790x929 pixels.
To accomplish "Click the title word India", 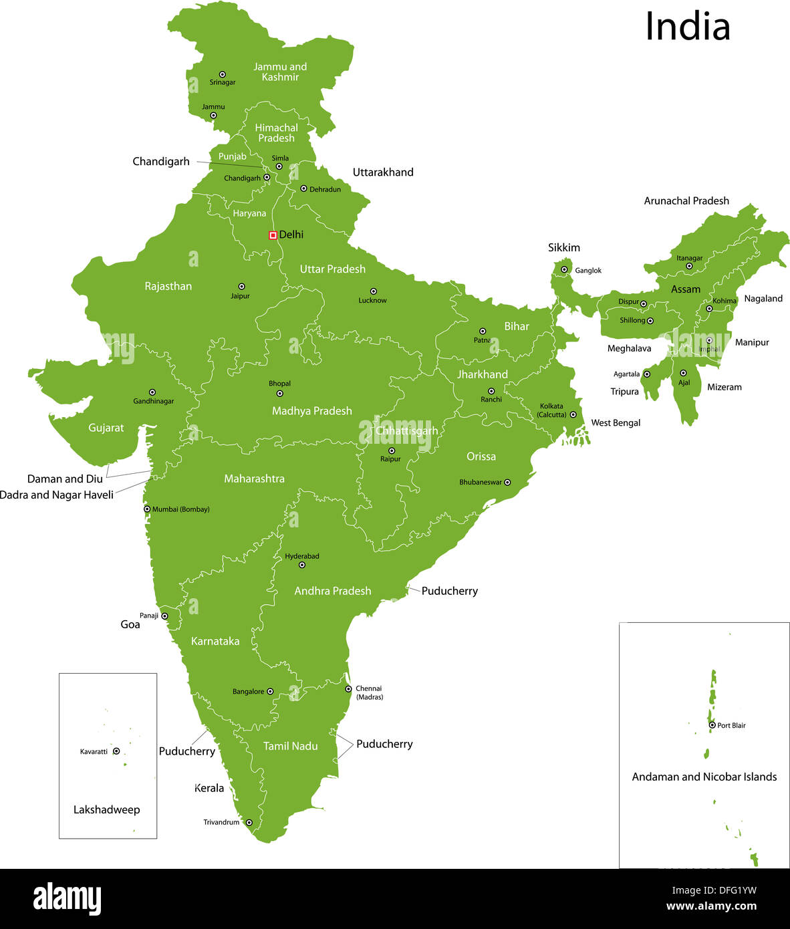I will [687, 27].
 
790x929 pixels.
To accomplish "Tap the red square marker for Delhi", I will [273, 235].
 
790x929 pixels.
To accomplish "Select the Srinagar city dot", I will [223, 75].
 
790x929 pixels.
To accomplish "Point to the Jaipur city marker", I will [241, 287].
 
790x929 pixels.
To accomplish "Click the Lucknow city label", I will [372, 301].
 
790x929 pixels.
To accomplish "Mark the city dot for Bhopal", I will [279, 394].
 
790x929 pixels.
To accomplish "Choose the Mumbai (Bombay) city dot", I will [147, 509].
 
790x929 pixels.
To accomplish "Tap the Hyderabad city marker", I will [301, 565].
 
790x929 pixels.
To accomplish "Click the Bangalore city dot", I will [270, 692].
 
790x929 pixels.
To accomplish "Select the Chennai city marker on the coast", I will [348, 689].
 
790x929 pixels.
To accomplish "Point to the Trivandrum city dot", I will [249, 823].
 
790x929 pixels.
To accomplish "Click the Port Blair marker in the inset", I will [712, 725].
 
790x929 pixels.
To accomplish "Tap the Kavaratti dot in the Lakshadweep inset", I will [116, 751].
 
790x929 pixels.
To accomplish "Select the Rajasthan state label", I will [168, 286].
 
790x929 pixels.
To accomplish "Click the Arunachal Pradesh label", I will [686, 201].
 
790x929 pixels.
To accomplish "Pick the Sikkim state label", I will [564, 247].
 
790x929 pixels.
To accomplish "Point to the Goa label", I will [130, 624].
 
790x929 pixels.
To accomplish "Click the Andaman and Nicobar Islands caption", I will [704, 777].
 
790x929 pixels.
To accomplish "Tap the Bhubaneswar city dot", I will [507, 483].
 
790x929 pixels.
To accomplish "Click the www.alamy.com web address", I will [711, 906].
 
